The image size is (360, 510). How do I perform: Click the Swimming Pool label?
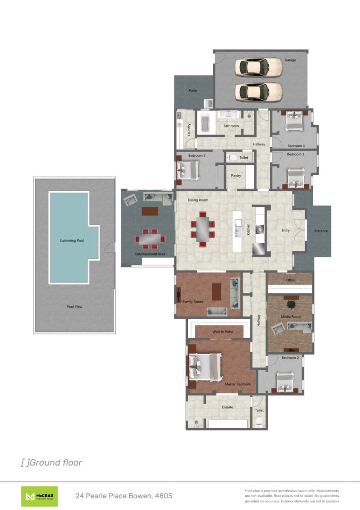(71, 240)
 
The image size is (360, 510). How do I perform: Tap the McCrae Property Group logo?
(40, 496)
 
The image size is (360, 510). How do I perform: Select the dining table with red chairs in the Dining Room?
(203, 229)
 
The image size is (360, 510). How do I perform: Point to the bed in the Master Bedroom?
(205, 367)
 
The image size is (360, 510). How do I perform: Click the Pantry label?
(236, 176)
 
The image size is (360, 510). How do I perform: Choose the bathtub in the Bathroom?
(205, 124)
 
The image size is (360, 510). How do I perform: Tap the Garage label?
(290, 60)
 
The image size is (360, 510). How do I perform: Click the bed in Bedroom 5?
(188, 170)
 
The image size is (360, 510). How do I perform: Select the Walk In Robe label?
(223, 332)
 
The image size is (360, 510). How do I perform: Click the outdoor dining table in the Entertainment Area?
(150, 239)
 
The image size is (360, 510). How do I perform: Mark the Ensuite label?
(227, 407)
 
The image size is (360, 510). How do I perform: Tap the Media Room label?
(291, 316)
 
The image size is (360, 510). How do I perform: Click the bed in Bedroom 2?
(285, 382)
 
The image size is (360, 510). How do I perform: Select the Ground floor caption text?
(51, 462)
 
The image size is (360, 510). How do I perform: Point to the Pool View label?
(75, 307)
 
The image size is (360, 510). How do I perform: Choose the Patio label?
(193, 91)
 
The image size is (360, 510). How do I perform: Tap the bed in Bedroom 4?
(294, 121)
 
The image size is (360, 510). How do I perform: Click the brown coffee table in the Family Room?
(217, 292)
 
